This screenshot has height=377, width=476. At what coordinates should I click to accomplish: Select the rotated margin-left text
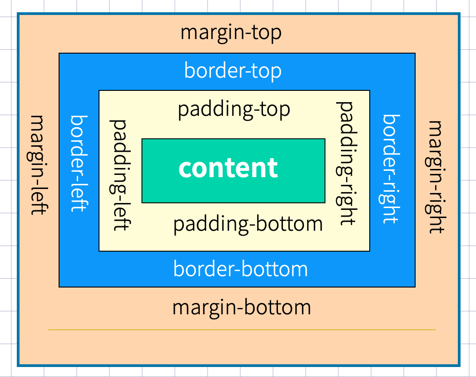point(39,165)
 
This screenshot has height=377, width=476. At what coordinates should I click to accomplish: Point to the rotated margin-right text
point(436,177)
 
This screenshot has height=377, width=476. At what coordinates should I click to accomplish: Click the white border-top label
point(233,71)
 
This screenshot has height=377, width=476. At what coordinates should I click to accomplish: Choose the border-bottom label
point(240,269)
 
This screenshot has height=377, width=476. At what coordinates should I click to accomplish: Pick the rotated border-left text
point(79,164)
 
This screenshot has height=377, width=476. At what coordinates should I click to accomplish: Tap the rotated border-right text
point(391,169)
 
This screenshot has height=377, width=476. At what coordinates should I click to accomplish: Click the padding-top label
point(234,110)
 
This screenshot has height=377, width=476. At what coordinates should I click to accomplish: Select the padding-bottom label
point(248,225)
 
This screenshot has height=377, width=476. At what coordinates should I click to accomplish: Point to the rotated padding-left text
point(119,175)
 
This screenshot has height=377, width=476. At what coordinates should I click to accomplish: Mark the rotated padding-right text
point(346,164)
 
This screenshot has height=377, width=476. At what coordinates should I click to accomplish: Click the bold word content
point(228,168)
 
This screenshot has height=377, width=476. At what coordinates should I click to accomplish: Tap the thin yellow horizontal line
point(242,329)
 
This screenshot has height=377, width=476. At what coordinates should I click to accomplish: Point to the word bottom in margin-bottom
point(277,308)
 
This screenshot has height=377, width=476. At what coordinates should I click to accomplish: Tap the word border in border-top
point(214,70)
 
